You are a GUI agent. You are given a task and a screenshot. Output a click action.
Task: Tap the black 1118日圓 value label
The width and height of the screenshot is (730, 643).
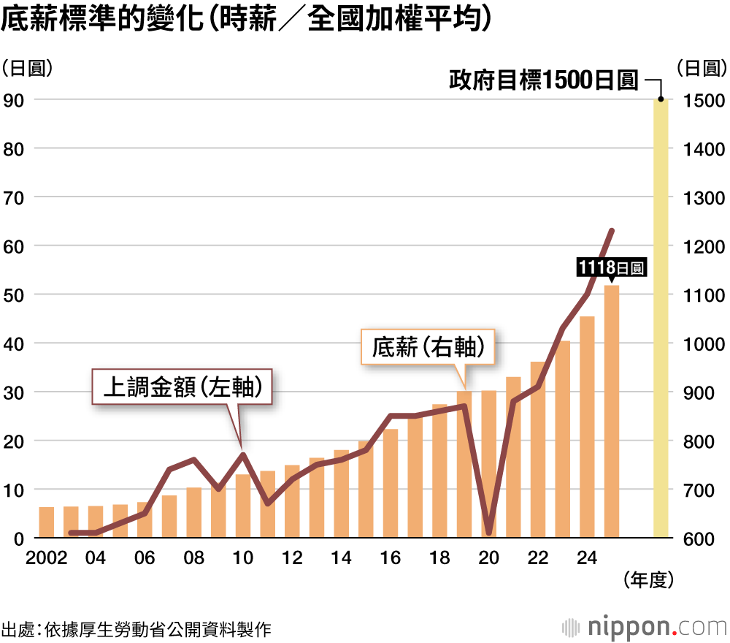point(611,267)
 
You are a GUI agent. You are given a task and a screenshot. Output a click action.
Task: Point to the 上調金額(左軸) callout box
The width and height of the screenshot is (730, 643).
point(182,387)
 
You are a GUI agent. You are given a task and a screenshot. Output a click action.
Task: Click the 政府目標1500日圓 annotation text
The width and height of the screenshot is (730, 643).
point(544,80)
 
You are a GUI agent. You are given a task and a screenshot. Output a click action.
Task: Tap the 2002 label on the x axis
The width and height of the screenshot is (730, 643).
point(45,558)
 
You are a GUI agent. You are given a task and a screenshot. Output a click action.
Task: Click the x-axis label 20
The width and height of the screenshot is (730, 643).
point(488,558)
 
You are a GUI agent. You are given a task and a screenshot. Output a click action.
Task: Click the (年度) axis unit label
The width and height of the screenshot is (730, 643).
point(648,580)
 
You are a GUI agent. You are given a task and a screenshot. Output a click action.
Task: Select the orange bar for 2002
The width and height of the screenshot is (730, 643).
point(46,522)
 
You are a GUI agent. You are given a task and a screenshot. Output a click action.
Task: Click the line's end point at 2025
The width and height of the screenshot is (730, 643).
point(612,231)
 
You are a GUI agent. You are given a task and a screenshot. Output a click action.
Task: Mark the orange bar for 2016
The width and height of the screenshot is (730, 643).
point(391,483)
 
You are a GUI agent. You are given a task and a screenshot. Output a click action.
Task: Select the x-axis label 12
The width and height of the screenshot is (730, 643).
point(292,558)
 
